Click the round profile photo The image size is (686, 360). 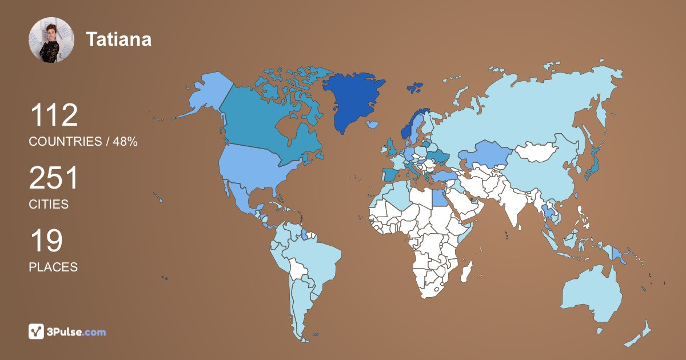[51, 40]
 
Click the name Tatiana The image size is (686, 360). [118, 39]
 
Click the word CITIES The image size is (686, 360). [49, 204]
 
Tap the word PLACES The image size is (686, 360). [53, 267]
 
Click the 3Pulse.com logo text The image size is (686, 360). [77, 331]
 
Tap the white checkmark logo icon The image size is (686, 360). [37, 331]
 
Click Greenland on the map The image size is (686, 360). [350, 97]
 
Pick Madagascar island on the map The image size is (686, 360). [468, 270]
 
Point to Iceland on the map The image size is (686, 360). [372, 123]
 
